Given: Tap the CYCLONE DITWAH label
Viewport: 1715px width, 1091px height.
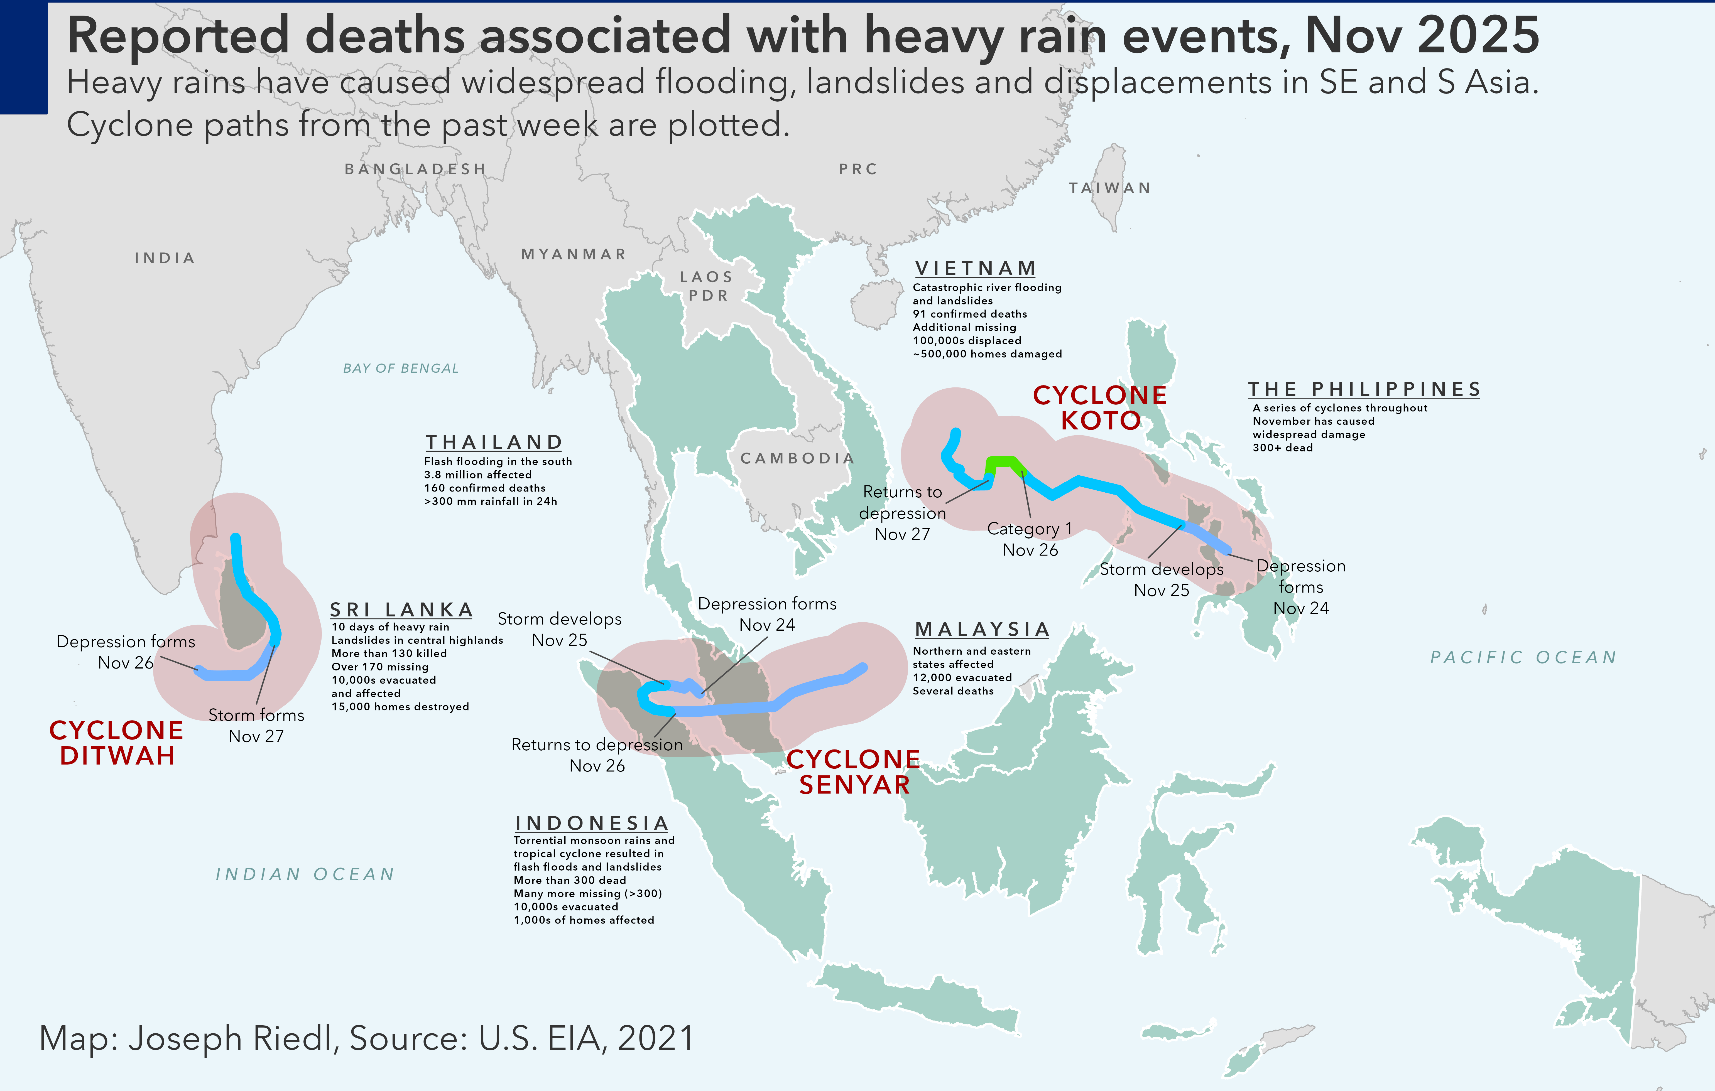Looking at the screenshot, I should tap(116, 743).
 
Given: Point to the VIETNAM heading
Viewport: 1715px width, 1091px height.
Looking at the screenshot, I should tap(975, 269).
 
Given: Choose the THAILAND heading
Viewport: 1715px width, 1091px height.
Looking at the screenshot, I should tap(494, 442).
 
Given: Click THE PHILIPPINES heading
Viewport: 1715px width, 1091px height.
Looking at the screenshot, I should tap(1364, 390).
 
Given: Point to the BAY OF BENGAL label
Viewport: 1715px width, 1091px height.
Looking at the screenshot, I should tap(401, 368).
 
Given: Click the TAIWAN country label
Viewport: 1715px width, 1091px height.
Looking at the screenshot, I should tap(1110, 188).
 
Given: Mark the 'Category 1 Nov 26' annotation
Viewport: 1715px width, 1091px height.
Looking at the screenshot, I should tap(1030, 539).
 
